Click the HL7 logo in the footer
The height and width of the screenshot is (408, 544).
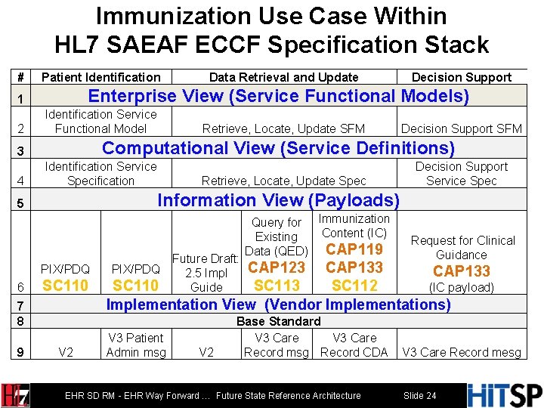click(17, 395)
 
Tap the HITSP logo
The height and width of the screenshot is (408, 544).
click(505, 395)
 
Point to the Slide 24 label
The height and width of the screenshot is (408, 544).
click(419, 395)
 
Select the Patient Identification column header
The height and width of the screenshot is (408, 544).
click(100, 77)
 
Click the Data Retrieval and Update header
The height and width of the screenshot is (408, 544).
click(283, 77)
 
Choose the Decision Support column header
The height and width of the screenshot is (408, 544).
click(461, 77)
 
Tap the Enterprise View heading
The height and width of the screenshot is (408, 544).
click(279, 96)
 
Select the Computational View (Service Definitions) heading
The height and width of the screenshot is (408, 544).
click(278, 148)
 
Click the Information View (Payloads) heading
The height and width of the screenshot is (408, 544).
click(278, 200)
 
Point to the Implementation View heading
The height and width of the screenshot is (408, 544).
click(278, 304)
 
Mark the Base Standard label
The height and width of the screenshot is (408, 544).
click(278, 321)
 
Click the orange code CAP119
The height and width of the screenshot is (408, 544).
click(354, 249)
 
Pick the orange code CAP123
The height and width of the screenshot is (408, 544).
click(277, 267)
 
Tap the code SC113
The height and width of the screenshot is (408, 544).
click(277, 286)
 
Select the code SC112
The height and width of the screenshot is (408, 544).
click(354, 286)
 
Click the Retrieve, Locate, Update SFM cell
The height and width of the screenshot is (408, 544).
click(283, 129)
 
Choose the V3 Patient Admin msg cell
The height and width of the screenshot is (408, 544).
click(136, 345)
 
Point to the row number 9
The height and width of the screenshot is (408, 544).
click(21, 352)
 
